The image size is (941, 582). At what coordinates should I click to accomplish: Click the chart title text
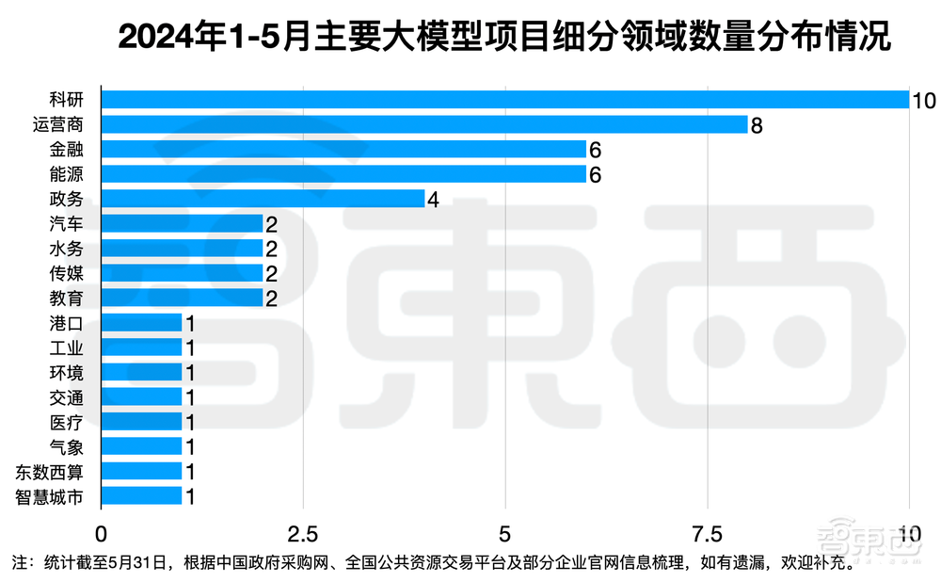[x=503, y=40]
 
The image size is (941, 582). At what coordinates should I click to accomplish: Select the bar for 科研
[x=504, y=100]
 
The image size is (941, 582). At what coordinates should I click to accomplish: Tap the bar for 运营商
[x=423, y=124]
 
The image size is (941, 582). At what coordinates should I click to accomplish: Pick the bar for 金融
[x=343, y=149]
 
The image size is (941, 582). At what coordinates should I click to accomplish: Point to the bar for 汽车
[x=181, y=223]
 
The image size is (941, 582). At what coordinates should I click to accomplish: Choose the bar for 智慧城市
[x=140, y=495]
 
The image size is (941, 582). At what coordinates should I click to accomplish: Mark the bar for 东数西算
[x=140, y=471]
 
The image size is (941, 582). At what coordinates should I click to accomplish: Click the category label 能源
[x=66, y=174]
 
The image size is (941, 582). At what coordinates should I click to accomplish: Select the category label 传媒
[x=66, y=273]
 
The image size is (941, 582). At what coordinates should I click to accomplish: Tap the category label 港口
[x=66, y=323]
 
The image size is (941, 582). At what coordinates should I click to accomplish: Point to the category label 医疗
[x=66, y=422]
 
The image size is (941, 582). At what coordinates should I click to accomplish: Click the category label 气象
[x=66, y=446]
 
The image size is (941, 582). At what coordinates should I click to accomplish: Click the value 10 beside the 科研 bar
[x=923, y=101]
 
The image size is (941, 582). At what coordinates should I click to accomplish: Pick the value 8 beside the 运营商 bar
[x=756, y=125]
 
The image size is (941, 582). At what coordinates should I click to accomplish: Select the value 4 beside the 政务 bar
[x=433, y=200]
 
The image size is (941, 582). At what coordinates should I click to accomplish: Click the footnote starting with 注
[x=433, y=563]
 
